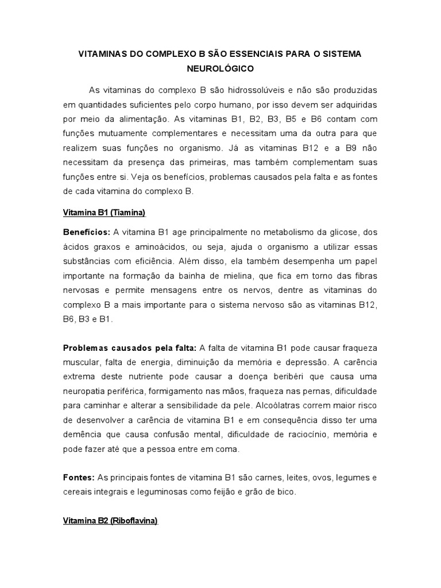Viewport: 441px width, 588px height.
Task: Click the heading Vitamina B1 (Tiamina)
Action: point(105,213)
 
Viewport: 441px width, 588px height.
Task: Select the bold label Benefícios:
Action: point(87,231)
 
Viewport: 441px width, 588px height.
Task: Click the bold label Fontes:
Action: point(79,477)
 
